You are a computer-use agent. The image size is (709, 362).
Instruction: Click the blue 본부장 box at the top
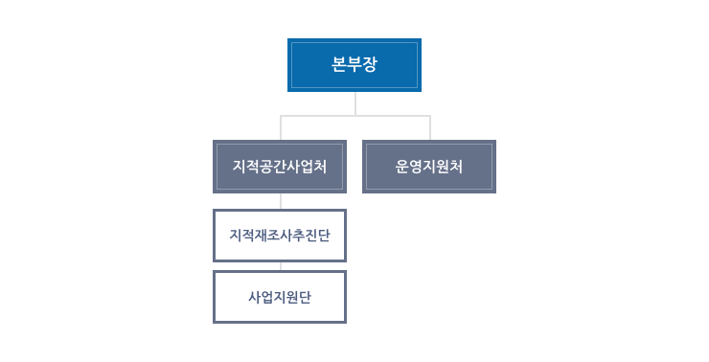(x=354, y=65)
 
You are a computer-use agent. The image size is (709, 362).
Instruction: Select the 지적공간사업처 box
(x=279, y=167)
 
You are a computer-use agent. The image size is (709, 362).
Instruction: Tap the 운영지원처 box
(x=429, y=167)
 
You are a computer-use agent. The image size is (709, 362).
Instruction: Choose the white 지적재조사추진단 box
(x=279, y=235)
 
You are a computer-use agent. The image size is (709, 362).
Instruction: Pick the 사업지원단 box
(x=279, y=297)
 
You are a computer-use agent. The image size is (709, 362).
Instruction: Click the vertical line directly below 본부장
(x=354, y=103)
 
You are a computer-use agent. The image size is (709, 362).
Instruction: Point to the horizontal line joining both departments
(x=354, y=116)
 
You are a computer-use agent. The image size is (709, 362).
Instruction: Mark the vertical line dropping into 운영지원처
(x=429, y=128)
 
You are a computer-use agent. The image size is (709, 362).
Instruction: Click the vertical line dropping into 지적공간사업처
(x=280, y=128)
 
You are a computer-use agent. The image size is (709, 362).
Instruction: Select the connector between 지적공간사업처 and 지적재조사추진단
(x=280, y=201)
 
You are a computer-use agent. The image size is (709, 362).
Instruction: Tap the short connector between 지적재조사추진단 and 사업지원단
(x=280, y=266)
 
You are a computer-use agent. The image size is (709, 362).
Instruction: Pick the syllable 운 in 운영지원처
(x=402, y=167)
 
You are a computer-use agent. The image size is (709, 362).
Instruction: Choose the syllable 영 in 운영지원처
(x=416, y=167)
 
